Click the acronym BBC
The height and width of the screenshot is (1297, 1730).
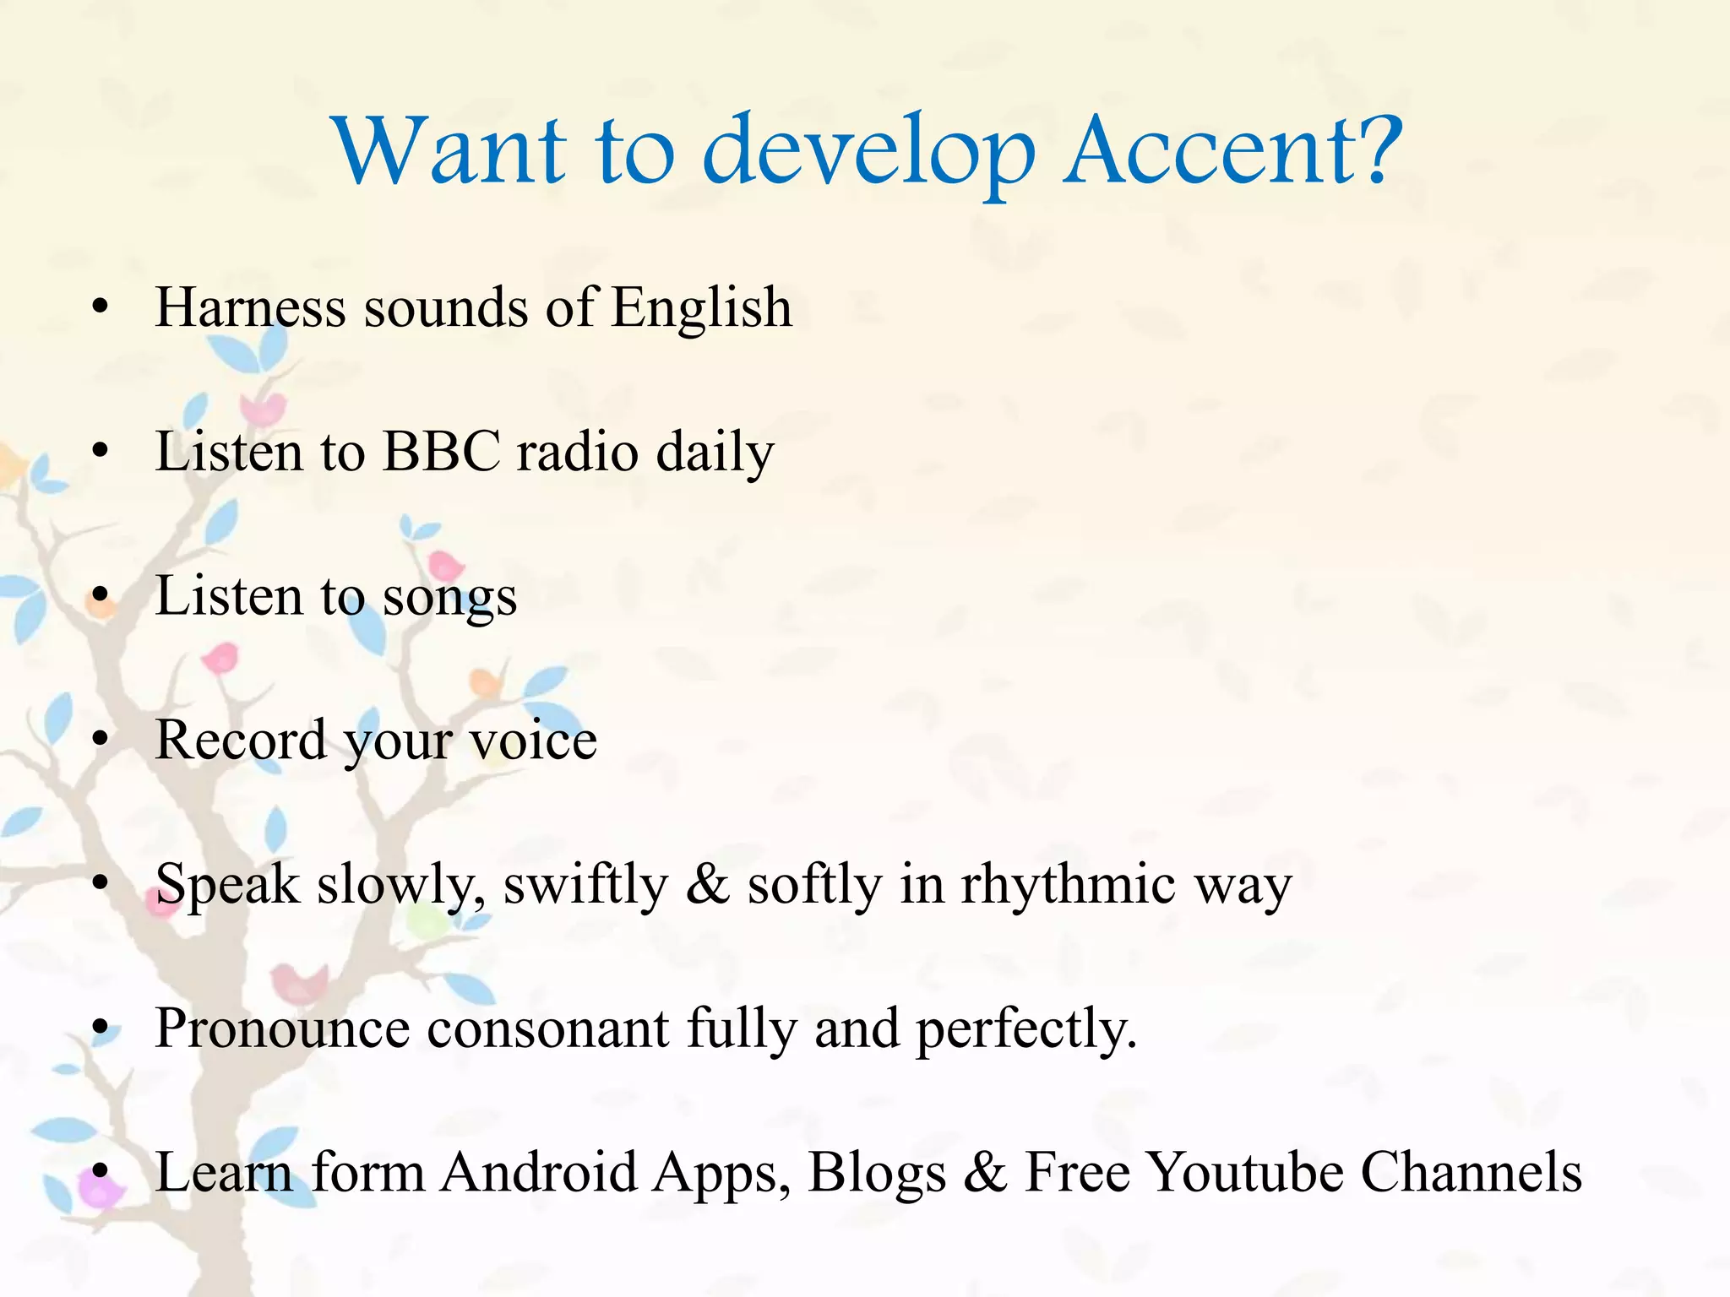442,451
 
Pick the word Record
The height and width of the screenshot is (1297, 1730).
241,740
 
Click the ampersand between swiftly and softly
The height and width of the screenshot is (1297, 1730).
708,885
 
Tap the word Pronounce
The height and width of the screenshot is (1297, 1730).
282,1028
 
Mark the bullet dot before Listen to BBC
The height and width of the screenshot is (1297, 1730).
101,452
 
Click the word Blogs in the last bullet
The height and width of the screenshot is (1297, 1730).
876,1175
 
